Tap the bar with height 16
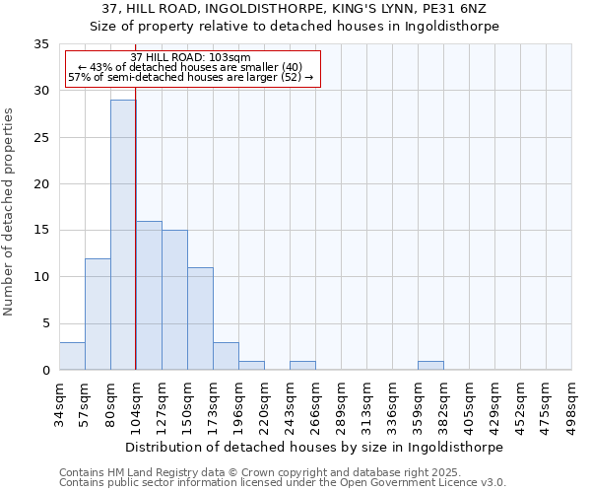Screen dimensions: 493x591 tap(149, 295)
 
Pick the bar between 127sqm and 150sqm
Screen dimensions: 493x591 tap(174, 300)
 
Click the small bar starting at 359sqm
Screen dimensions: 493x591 tap(430, 365)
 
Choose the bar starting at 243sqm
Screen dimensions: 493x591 tap(302, 365)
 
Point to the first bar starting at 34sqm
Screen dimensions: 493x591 tap(72, 356)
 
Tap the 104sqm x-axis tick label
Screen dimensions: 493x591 tap(137, 403)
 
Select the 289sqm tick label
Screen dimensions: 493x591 tap(341, 403)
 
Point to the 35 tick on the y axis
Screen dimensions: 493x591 tap(42, 44)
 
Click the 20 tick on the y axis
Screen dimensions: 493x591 tap(42, 184)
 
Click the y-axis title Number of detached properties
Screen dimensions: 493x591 tap(10, 212)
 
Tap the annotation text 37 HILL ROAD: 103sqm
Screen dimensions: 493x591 tap(191, 58)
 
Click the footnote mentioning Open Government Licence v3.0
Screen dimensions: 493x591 tap(283, 483)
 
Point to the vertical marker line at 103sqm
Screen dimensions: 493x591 tap(136, 246)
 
